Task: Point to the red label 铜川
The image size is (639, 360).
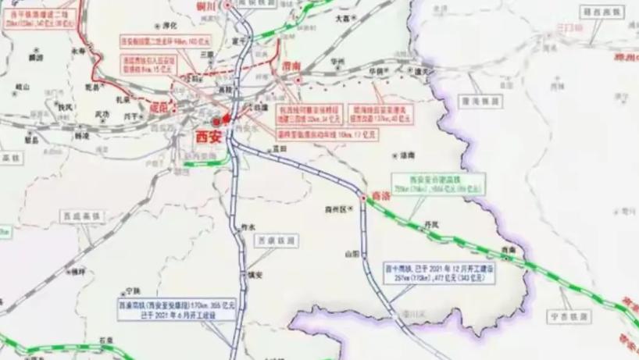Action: (x=205, y=5)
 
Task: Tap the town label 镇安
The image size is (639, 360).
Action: (x=253, y=275)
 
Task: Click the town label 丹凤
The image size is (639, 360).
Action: (x=431, y=223)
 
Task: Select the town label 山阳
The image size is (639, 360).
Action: (x=352, y=253)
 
